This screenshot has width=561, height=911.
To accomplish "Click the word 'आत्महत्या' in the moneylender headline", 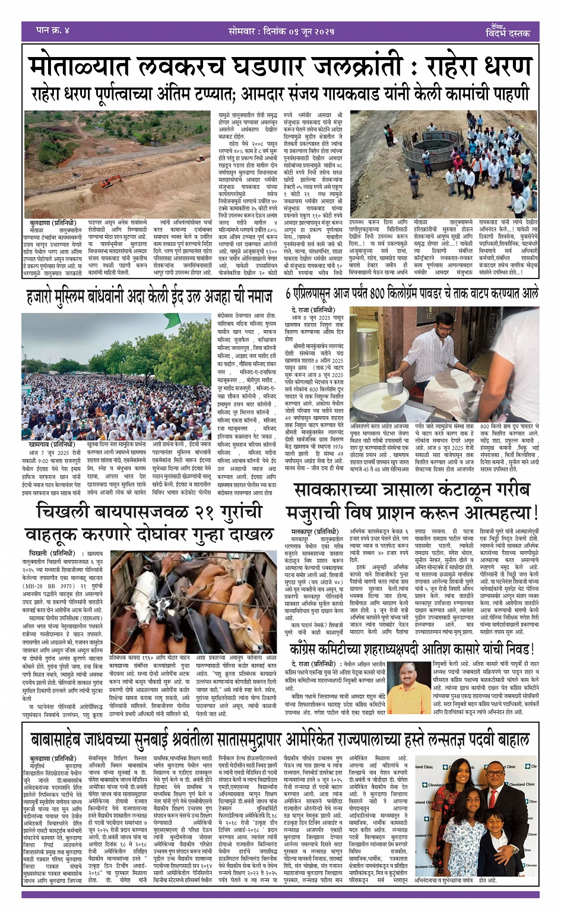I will pyautogui.click(x=493, y=513).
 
